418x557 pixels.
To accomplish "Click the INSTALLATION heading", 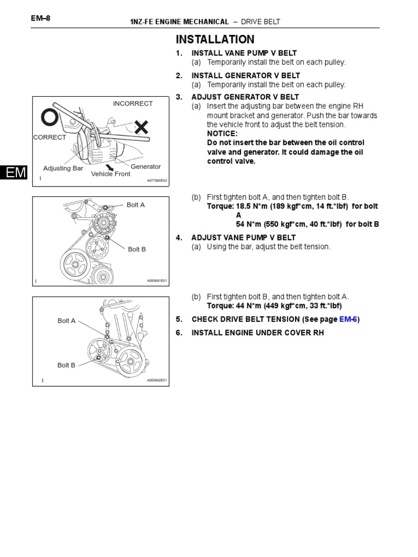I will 214,39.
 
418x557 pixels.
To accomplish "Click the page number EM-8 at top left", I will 41,18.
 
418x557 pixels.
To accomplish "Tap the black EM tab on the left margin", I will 13,173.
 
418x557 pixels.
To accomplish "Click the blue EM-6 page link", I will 348,319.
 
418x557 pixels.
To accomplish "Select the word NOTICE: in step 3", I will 222,134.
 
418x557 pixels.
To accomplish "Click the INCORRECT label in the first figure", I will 133,103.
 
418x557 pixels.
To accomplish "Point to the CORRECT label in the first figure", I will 50,138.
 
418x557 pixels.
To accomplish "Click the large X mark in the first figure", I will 142,128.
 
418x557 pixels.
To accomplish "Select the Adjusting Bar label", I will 63,169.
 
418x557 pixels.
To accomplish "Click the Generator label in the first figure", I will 146,167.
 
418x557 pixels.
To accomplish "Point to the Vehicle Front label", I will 110,174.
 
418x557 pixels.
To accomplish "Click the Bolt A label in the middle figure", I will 136,205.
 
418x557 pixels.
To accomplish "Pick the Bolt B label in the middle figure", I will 137,250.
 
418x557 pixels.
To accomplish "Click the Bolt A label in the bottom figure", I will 66,321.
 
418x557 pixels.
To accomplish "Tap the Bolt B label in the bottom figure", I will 66,366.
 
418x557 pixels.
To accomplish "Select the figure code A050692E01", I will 157,381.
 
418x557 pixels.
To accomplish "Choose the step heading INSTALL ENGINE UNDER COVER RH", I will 257,332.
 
